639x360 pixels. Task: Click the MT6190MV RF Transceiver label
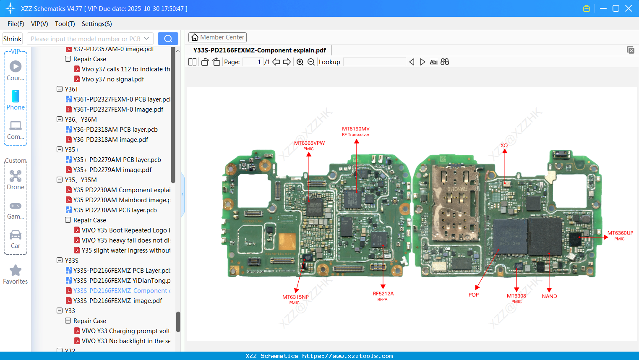356,131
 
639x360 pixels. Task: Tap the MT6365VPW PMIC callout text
309,146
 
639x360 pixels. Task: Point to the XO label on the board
504,146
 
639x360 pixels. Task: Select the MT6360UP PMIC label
620,235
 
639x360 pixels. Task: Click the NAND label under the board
549,296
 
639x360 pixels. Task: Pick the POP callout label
474,295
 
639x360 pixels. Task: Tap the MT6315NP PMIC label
295,299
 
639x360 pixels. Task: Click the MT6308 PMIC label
516,298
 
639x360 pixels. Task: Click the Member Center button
217,37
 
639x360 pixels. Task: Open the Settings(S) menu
97,24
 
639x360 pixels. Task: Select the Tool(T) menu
65,24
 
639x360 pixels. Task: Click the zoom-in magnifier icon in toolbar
300,62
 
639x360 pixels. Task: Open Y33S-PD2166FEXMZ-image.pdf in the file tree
117,301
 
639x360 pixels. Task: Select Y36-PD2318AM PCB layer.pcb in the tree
115,130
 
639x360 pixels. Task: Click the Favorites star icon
16,271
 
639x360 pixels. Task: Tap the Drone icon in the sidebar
16,176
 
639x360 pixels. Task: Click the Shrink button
13,39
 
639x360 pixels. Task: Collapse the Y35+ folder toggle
60,150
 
